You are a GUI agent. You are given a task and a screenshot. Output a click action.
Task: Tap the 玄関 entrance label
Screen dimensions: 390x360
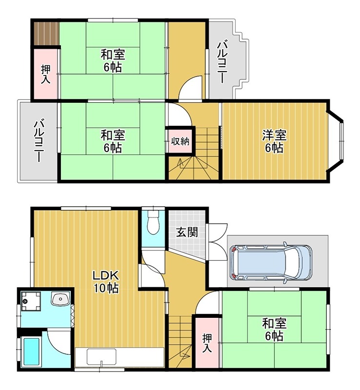pos(187,232)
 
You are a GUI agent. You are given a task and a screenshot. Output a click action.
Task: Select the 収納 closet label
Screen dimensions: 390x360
pos(180,142)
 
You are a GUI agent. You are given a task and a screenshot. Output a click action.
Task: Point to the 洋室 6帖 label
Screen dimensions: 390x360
pos(274,141)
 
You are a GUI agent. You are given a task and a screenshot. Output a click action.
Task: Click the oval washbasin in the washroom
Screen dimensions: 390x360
pos(61,298)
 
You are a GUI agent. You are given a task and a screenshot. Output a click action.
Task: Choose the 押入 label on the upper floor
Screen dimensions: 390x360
pos(45,73)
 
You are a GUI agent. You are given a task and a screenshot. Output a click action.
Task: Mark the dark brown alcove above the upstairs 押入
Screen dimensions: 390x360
pos(46,33)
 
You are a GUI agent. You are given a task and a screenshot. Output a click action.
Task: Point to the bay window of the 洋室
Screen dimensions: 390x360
pos(337,141)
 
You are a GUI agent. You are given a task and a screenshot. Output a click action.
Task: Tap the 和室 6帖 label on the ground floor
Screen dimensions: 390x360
pos(274,329)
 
